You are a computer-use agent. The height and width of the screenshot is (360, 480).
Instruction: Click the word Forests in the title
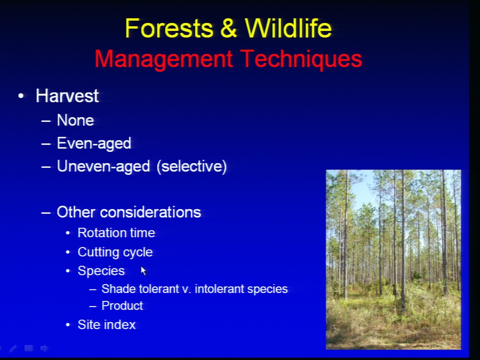pyautogui.click(x=169, y=28)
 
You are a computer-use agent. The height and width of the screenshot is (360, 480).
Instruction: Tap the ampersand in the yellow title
pyautogui.click(x=228, y=28)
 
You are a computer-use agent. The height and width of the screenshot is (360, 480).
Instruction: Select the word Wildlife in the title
pyautogui.click(x=288, y=28)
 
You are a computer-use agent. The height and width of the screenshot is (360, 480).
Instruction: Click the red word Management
pyautogui.click(x=164, y=59)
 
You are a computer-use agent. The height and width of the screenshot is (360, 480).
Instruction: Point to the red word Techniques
pyautogui.click(x=301, y=59)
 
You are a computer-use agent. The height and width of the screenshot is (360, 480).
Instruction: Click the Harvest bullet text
pyautogui.click(x=67, y=96)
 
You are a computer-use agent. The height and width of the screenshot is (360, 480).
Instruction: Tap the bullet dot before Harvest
pyautogui.click(x=21, y=96)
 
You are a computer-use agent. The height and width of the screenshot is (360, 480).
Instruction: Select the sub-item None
pyautogui.click(x=75, y=120)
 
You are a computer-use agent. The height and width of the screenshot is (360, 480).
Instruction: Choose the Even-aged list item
pyautogui.click(x=94, y=143)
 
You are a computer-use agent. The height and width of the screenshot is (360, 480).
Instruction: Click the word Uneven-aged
pyautogui.click(x=103, y=166)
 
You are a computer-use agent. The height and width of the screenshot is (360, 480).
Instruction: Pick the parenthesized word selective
pyautogui.click(x=191, y=166)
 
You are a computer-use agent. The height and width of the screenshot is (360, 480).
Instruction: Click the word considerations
pyautogui.click(x=150, y=212)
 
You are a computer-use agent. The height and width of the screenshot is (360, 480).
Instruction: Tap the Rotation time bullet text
pyautogui.click(x=116, y=233)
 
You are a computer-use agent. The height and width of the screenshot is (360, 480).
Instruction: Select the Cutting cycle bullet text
pyautogui.click(x=115, y=252)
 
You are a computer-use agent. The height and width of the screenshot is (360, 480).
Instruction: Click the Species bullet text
pyautogui.click(x=101, y=271)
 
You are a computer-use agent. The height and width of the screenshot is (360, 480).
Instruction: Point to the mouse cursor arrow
pyautogui.click(x=143, y=270)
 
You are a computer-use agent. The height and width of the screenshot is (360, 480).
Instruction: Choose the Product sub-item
pyautogui.click(x=122, y=306)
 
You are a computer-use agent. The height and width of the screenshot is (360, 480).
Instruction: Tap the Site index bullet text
pyautogui.click(x=106, y=325)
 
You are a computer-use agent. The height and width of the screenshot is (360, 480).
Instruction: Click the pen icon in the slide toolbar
pyautogui.click(x=13, y=348)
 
